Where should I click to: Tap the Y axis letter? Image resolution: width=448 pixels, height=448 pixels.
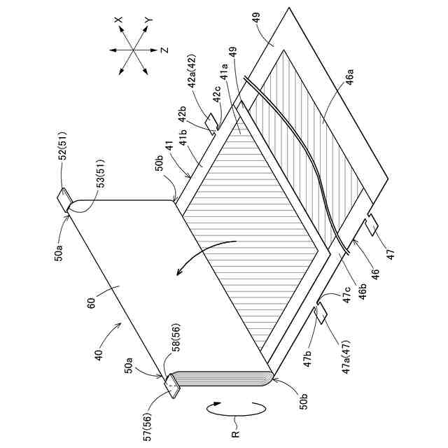(148, 23)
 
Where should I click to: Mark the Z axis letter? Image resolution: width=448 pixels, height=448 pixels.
(163, 50)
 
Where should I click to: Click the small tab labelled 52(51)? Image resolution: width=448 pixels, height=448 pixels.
(64, 200)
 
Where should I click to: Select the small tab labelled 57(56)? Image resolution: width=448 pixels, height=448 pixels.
(171, 386)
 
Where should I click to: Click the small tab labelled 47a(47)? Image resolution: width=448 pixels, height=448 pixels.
(323, 313)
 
